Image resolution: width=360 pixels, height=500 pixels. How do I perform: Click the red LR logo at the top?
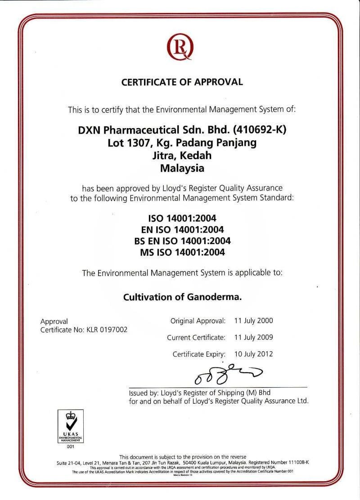180,47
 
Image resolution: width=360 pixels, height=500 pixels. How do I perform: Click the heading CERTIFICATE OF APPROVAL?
182,82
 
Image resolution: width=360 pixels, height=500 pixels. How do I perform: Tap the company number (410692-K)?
260,130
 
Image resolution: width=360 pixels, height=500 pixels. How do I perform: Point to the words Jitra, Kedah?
182,156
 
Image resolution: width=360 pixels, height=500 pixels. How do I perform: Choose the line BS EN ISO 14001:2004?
182,241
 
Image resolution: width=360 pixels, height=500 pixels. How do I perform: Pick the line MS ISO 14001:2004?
182,252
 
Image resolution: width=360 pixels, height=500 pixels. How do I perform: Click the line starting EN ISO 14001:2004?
182,230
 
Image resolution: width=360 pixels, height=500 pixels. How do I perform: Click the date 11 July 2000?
254,321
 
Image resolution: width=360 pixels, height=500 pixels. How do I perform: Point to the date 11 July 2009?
254,337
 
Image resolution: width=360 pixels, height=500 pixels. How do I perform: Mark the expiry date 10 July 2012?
254,354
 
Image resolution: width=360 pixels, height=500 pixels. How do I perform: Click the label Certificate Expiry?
198,354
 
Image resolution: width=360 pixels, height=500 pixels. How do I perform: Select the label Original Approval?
198,321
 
